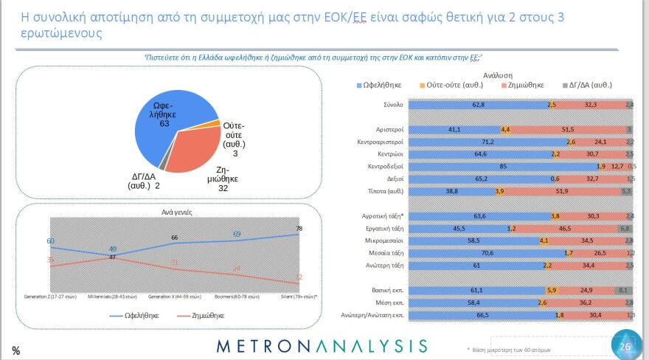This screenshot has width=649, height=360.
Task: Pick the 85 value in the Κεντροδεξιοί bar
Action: click(502, 166)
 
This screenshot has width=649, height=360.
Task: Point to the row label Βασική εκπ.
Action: click(385, 290)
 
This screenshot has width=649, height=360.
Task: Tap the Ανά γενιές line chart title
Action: click(168, 212)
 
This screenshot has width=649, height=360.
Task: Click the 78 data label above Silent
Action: click(299, 229)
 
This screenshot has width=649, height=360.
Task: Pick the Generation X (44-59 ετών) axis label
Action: click(173, 297)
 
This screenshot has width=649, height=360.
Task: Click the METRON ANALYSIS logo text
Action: click(322, 345)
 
